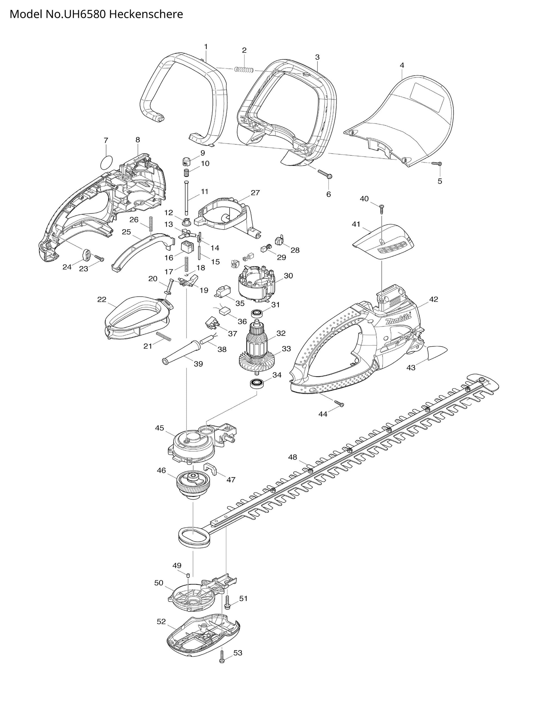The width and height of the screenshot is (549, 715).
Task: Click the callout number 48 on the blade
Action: pos(293,457)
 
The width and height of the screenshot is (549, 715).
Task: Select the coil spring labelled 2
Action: pos(244,70)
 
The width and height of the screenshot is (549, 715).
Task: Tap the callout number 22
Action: pos(102,299)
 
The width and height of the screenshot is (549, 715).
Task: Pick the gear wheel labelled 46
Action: pos(193,488)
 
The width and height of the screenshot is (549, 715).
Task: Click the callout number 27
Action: pos(255,193)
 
